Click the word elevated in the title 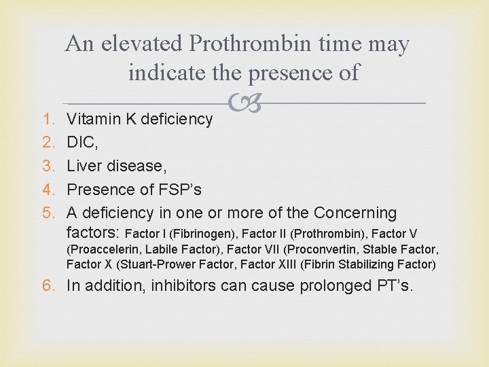[x=143, y=44]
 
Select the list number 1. [x=48, y=119]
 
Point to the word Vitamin [x=92, y=119]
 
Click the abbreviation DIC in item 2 [x=81, y=143]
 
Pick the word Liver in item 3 [x=84, y=166]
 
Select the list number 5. [x=48, y=213]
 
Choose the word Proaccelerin [x=102, y=249]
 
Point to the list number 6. [x=48, y=286]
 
